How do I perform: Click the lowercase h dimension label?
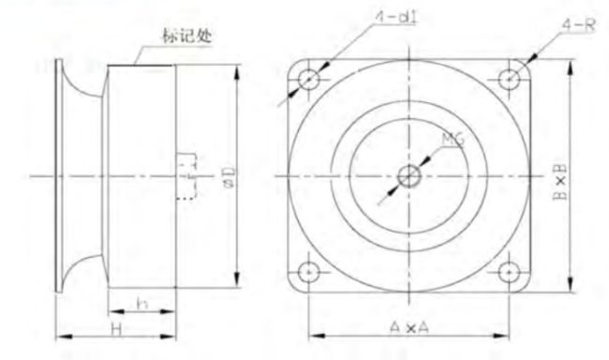click(x=141, y=304)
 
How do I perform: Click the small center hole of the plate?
click(x=409, y=176)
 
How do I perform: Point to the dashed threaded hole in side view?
click(x=186, y=176)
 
